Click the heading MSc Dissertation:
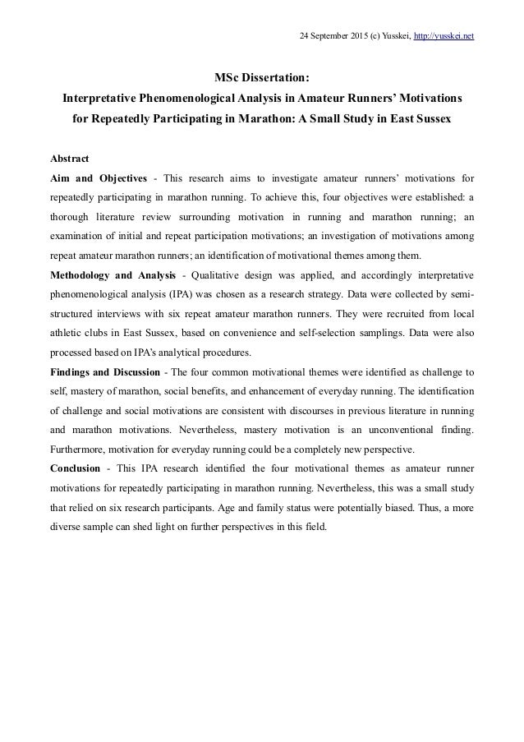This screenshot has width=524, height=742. tap(262, 79)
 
